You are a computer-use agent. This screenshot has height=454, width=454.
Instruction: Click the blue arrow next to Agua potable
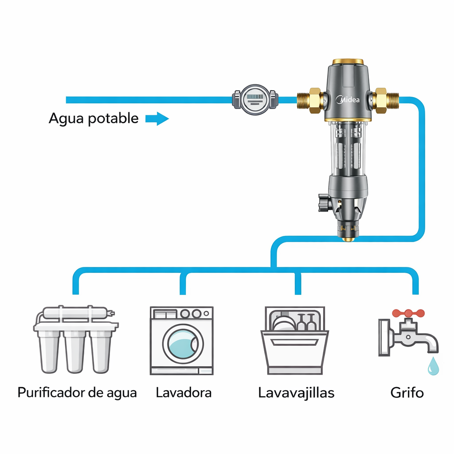[x=157, y=119]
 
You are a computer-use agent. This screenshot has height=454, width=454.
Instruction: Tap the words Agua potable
[x=94, y=119]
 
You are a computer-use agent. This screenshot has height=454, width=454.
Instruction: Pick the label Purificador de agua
[x=77, y=393]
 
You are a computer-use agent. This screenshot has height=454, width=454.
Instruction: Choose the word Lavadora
[x=184, y=393]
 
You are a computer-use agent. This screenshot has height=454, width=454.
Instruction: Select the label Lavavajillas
[x=296, y=393]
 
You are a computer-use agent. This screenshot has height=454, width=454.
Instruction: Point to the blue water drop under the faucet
[x=433, y=367]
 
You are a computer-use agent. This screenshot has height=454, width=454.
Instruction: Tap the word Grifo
[x=407, y=393]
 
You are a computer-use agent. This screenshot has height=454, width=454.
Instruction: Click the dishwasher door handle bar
[x=296, y=342]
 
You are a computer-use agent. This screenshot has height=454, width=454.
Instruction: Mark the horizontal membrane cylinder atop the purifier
[x=75, y=313]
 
